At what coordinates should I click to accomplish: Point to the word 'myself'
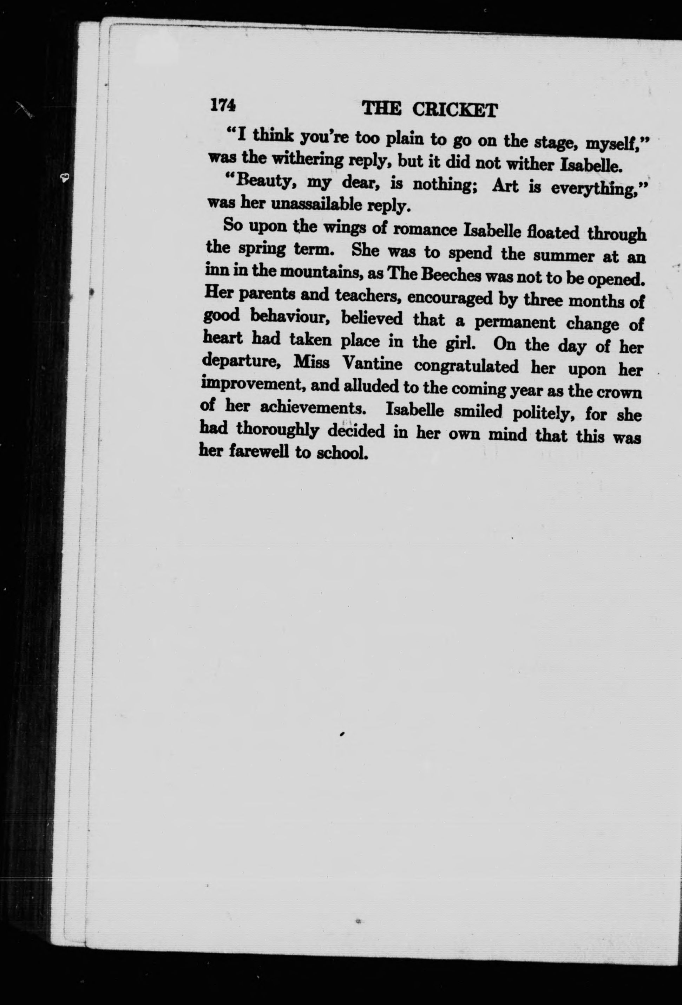click(615, 143)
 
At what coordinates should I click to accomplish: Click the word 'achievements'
click(313, 409)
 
